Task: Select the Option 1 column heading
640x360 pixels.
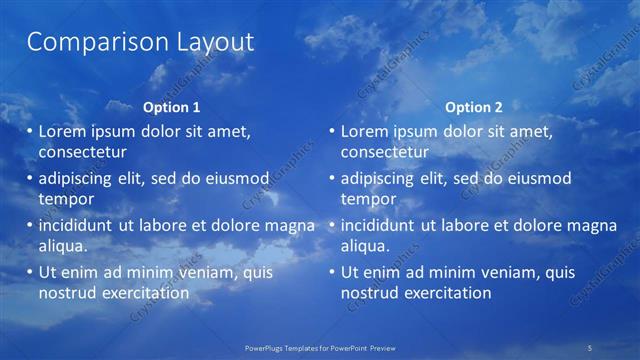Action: click(171, 107)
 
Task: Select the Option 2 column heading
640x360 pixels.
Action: click(473, 107)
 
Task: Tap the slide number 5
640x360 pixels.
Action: click(590, 346)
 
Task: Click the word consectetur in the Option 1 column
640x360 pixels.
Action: click(82, 152)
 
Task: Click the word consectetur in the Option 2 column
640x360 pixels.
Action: click(384, 152)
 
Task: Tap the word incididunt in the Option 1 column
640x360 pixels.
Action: click(76, 225)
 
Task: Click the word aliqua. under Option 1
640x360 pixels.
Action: click(63, 245)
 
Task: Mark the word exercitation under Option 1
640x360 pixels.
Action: click(144, 292)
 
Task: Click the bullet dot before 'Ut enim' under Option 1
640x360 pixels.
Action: click(30, 272)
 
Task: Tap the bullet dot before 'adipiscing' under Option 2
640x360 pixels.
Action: click(332, 179)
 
